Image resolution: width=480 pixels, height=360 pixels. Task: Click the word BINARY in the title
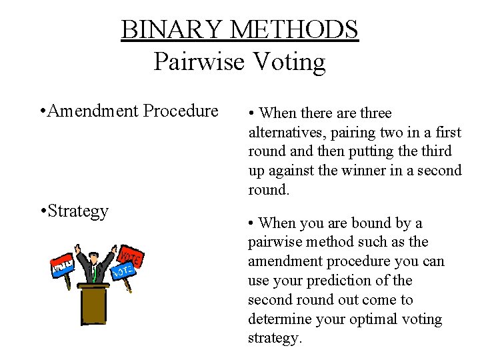pos(172,29)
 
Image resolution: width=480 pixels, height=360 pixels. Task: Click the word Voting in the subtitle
pos(288,61)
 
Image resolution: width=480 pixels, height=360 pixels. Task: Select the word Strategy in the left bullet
pos(78,211)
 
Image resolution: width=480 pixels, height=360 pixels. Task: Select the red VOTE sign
pos(131,257)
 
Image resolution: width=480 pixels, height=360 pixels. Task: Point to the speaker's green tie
pos(95,273)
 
